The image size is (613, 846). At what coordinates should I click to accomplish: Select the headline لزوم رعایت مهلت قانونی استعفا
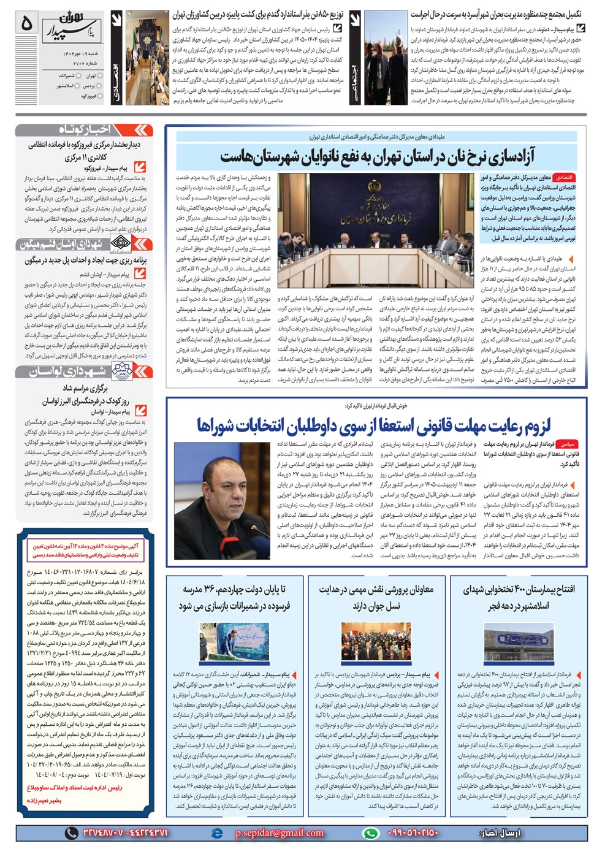[x=374, y=425]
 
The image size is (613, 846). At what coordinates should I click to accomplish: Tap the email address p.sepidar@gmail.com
[x=279, y=833]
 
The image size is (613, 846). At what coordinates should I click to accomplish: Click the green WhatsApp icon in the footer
[x=370, y=833]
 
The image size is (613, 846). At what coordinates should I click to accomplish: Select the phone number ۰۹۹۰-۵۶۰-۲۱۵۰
[x=413, y=833]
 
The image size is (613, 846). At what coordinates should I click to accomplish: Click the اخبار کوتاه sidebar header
[x=84, y=129]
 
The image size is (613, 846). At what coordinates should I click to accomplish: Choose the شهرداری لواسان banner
[x=84, y=371]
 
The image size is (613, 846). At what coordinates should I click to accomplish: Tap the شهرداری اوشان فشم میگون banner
[x=84, y=244]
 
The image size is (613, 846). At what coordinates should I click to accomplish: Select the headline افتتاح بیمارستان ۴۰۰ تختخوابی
[x=519, y=597]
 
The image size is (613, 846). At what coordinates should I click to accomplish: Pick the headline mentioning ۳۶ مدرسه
[x=234, y=597]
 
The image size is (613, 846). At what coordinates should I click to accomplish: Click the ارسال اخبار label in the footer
[x=501, y=833]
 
